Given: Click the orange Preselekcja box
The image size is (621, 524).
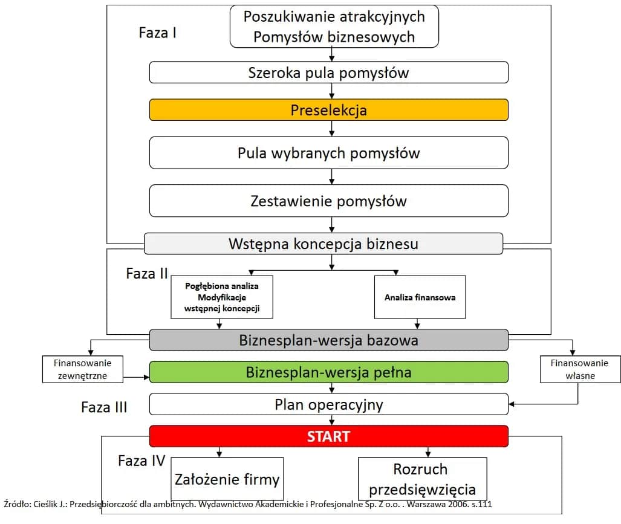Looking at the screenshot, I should point(328,110).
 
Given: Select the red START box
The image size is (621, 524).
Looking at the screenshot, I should point(328,436).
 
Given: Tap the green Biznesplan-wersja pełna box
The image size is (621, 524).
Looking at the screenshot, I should point(328,372).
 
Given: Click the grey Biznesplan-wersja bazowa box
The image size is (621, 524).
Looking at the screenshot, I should point(328,340).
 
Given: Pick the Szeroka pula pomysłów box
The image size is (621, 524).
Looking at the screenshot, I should point(328,73).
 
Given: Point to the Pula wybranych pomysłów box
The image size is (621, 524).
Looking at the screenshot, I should point(328,152).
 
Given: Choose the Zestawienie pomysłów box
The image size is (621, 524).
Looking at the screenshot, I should point(328,201).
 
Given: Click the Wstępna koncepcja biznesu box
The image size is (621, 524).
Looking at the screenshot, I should point(324,244).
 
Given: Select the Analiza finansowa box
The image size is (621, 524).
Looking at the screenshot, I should point(420,297).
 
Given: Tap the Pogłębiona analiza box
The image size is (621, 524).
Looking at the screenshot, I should point(221,297).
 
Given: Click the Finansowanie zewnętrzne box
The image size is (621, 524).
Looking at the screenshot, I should point(82,369).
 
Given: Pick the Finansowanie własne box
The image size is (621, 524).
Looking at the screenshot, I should point(580,369).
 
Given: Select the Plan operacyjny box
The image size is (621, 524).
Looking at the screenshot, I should point(328,404).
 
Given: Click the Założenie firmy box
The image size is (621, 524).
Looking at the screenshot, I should point(227,479).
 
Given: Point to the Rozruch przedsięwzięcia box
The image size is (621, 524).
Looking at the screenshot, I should point(422,479).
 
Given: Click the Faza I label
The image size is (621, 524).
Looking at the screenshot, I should point(157,33).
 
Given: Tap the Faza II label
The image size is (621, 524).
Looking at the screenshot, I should point(147,273).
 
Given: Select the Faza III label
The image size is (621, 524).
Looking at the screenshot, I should point(104,407).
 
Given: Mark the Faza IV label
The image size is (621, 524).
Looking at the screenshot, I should point(141,461).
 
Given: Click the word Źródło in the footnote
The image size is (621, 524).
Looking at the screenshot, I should point(17,503).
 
